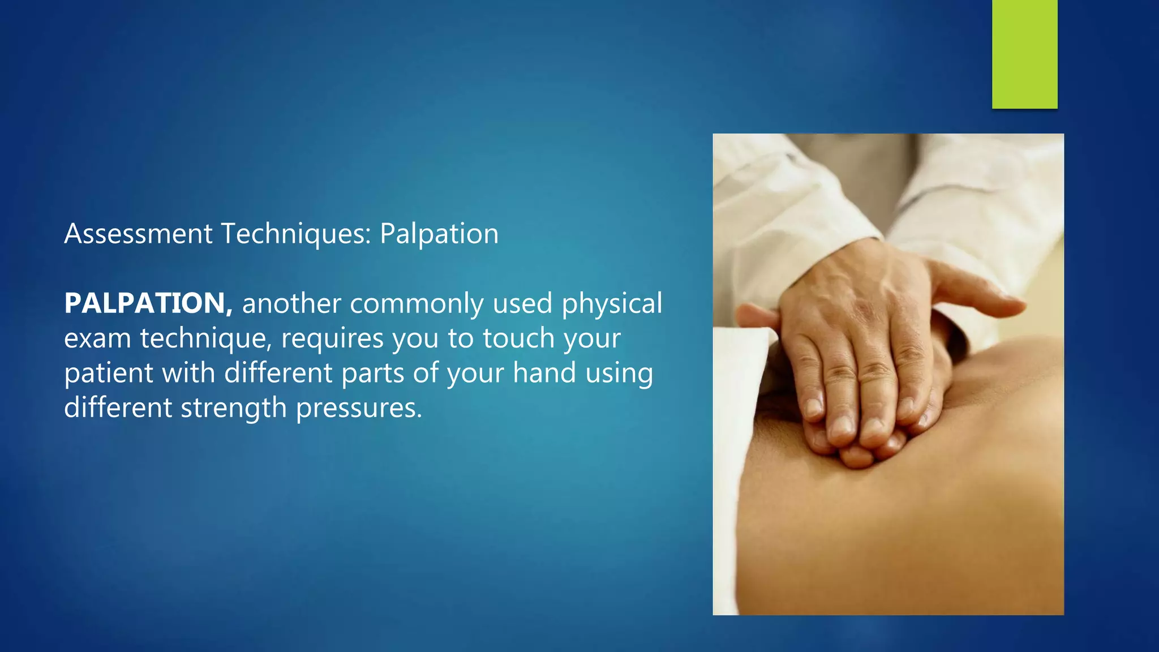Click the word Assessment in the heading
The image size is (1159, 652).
coord(138,234)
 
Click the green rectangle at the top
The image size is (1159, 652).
coord(1024,54)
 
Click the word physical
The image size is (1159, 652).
coord(612,304)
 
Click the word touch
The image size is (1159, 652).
coord(518,338)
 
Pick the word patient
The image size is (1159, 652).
coord(109,374)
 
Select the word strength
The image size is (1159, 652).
coord(234,409)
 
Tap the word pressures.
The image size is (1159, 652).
coord(359,409)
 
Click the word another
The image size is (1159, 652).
coord(291,304)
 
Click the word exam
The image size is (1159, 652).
coord(97,339)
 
